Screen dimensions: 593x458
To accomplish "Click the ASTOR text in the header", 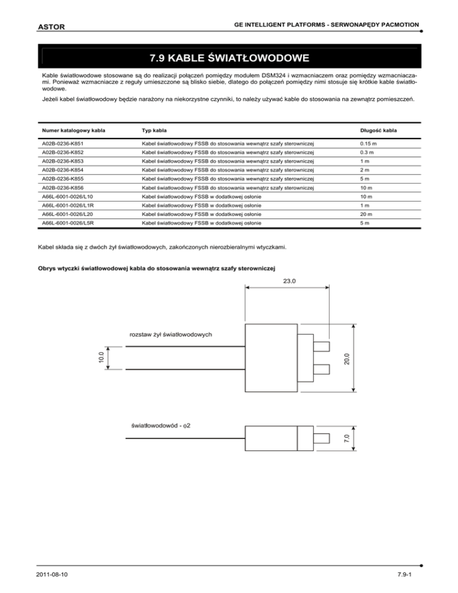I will pyautogui.click(x=50, y=27).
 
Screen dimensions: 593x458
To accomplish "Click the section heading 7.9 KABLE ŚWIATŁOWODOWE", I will pyautogui.click(x=229, y=58).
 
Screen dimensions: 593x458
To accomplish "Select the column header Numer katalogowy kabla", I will pyautogui.click(x=70, y=129).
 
